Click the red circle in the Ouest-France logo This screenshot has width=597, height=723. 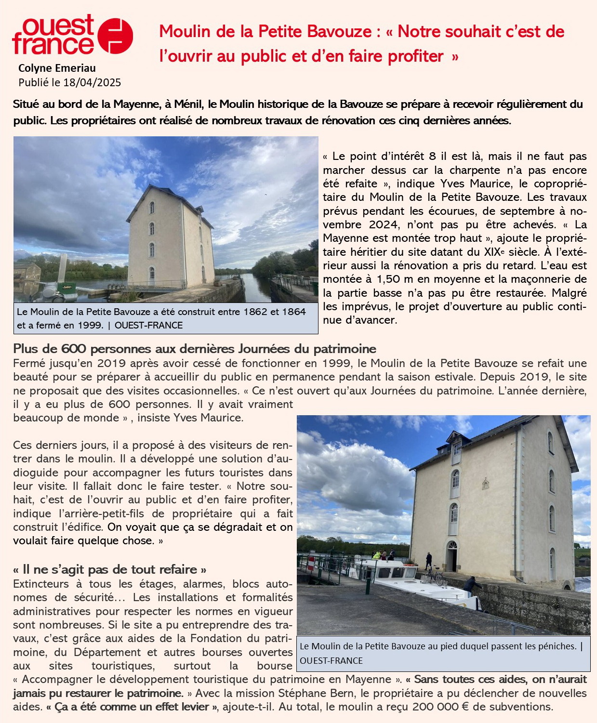click(115, 36)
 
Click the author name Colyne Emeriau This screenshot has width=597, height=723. click(57, 68)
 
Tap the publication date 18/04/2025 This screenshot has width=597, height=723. click(92, 82)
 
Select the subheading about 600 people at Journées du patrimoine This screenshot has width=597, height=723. click(195, 349)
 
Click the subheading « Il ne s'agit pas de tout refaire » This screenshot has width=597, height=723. click(110, 569)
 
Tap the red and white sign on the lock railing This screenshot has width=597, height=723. click(311, 563)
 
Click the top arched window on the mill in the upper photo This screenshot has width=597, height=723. click(152, 208)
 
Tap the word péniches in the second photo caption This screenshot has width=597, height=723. click(557, 646)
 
